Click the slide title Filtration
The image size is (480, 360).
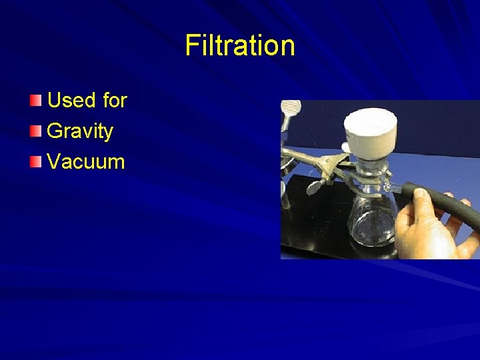(x=240, y=46)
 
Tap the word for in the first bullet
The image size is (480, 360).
(x=115, y=101)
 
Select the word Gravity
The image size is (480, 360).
(x=80, y=131)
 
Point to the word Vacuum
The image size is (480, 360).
(x=86, y=161)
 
